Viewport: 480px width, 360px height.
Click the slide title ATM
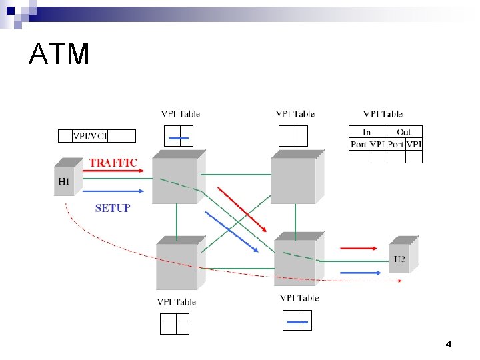pos(59,54)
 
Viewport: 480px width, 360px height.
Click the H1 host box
pos(64,178)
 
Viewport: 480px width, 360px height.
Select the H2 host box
pos(401,257)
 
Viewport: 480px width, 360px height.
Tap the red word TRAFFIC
pos(113,162)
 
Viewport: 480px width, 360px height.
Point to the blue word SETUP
pos(113,208)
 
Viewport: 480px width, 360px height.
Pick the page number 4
pos(449,345)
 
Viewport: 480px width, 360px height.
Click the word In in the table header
pos(367,132)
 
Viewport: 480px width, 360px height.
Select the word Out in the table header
pos(404,132)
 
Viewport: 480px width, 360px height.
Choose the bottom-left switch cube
pos(178,265)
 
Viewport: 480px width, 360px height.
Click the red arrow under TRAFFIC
pos(117,171)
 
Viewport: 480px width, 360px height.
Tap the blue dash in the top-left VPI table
pos(179,139)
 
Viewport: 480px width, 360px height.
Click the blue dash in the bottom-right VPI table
pos(297,323)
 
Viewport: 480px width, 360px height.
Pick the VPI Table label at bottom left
pos(176,302)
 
